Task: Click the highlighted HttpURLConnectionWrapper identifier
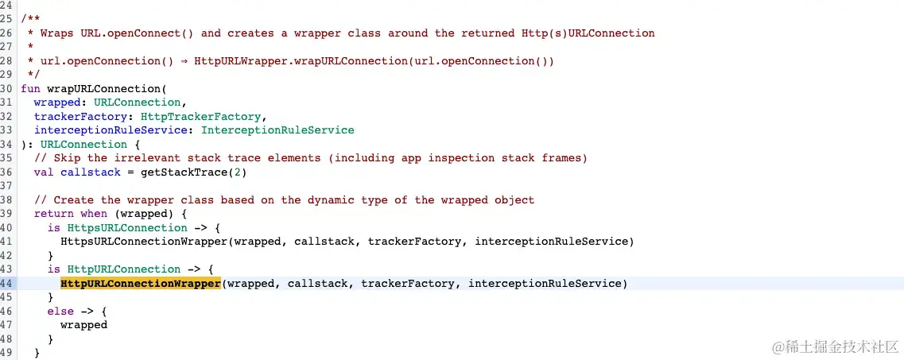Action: [140, 284]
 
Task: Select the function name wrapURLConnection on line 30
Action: [107, 88]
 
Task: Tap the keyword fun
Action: [30, 88]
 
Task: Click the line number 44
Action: [6, 284]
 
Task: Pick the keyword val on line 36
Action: [44, 172]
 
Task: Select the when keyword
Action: [93, 214]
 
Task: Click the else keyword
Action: [60, 311]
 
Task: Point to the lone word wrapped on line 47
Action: [83, 325]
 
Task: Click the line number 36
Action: [6, 172]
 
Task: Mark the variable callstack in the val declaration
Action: [90, 172]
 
